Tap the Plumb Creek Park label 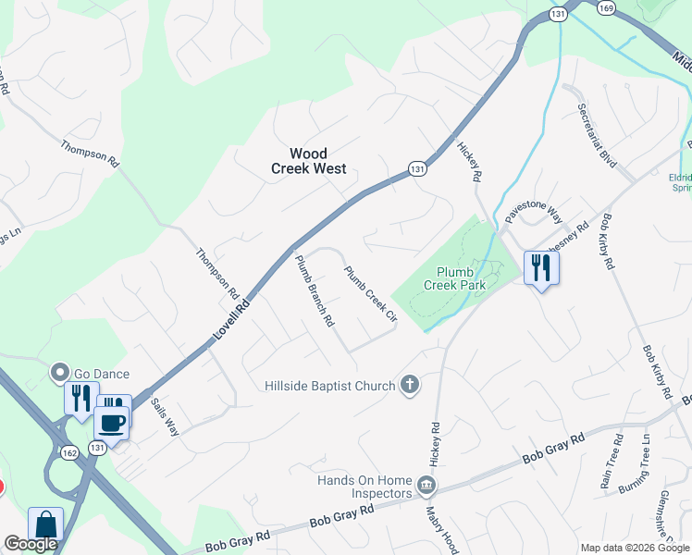[x=455, y=278]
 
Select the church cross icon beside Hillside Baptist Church [x=409, y=385]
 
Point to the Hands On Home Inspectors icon [x=426, y=484]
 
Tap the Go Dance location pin [x=61, y=373]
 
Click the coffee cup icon [x=112, y=424]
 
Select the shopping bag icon [x=45, y=524]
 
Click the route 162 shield [x=69, y=453]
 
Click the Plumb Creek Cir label [x=371, y=294]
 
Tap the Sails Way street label [x=166, y=415]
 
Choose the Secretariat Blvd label [x=597, y=135]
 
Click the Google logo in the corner [x=31, y=545]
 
